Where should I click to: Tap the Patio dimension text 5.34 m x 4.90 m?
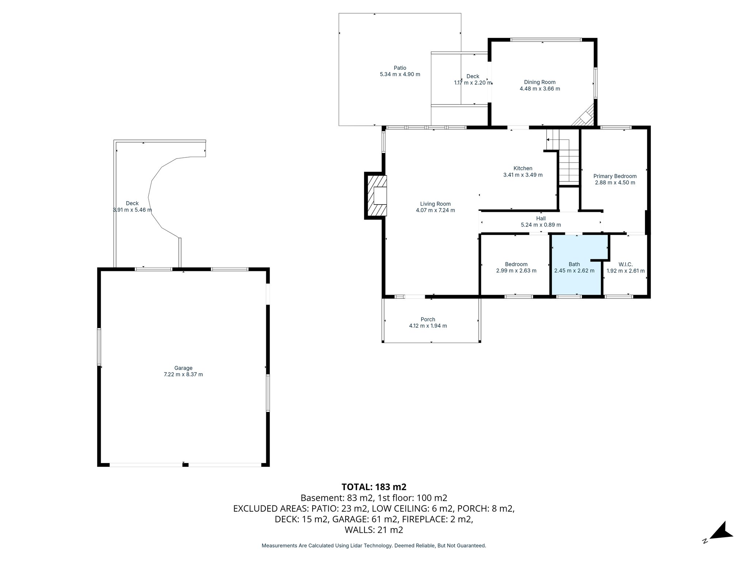400,75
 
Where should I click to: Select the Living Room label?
435,204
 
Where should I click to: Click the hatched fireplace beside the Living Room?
376,196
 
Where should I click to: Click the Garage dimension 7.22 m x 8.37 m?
183,374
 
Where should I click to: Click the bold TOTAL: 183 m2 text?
374,487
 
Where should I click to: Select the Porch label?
428,319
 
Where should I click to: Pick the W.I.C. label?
625,264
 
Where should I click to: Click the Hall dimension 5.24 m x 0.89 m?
541,225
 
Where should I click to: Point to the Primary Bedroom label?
615,176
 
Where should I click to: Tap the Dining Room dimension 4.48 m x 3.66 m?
539,89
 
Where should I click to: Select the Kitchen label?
523,168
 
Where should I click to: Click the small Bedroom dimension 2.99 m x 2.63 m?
516,271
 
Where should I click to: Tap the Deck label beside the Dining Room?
473,76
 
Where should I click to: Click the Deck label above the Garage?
132,203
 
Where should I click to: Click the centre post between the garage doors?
185,465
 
